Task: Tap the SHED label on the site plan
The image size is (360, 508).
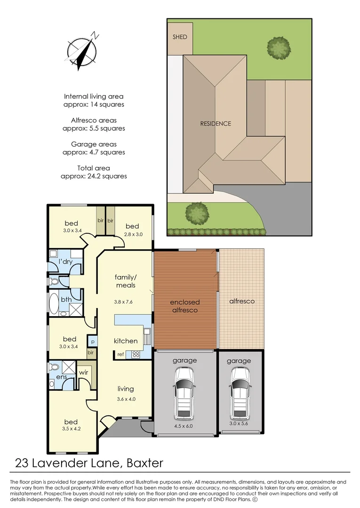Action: pos(180,37)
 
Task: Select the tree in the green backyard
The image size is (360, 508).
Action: pos(278,47)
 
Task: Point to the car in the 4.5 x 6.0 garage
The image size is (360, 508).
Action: pos(184,394)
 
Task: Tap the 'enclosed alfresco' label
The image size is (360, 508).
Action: pos(184,306)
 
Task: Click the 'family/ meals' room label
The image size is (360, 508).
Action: pos(125,281)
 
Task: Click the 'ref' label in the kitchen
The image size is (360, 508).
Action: pos(121,354)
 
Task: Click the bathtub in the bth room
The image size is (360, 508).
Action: pos(53,304)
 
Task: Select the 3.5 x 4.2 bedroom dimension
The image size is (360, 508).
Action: pos(71,429)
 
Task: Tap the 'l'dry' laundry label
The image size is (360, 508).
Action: pos(65,262)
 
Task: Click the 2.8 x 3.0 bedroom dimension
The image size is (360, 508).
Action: pos(132,234)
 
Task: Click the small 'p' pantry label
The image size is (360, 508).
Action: pos(93,341)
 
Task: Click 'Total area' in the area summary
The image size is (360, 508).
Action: pos(94,168)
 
